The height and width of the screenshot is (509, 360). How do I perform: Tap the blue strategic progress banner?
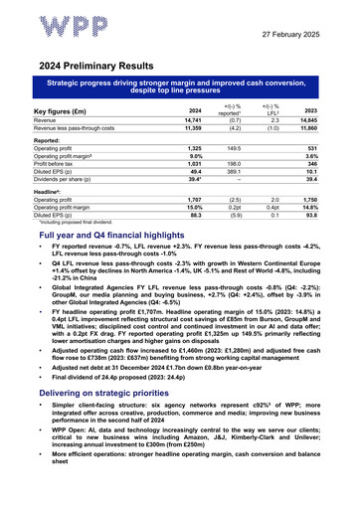pos(180,90)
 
